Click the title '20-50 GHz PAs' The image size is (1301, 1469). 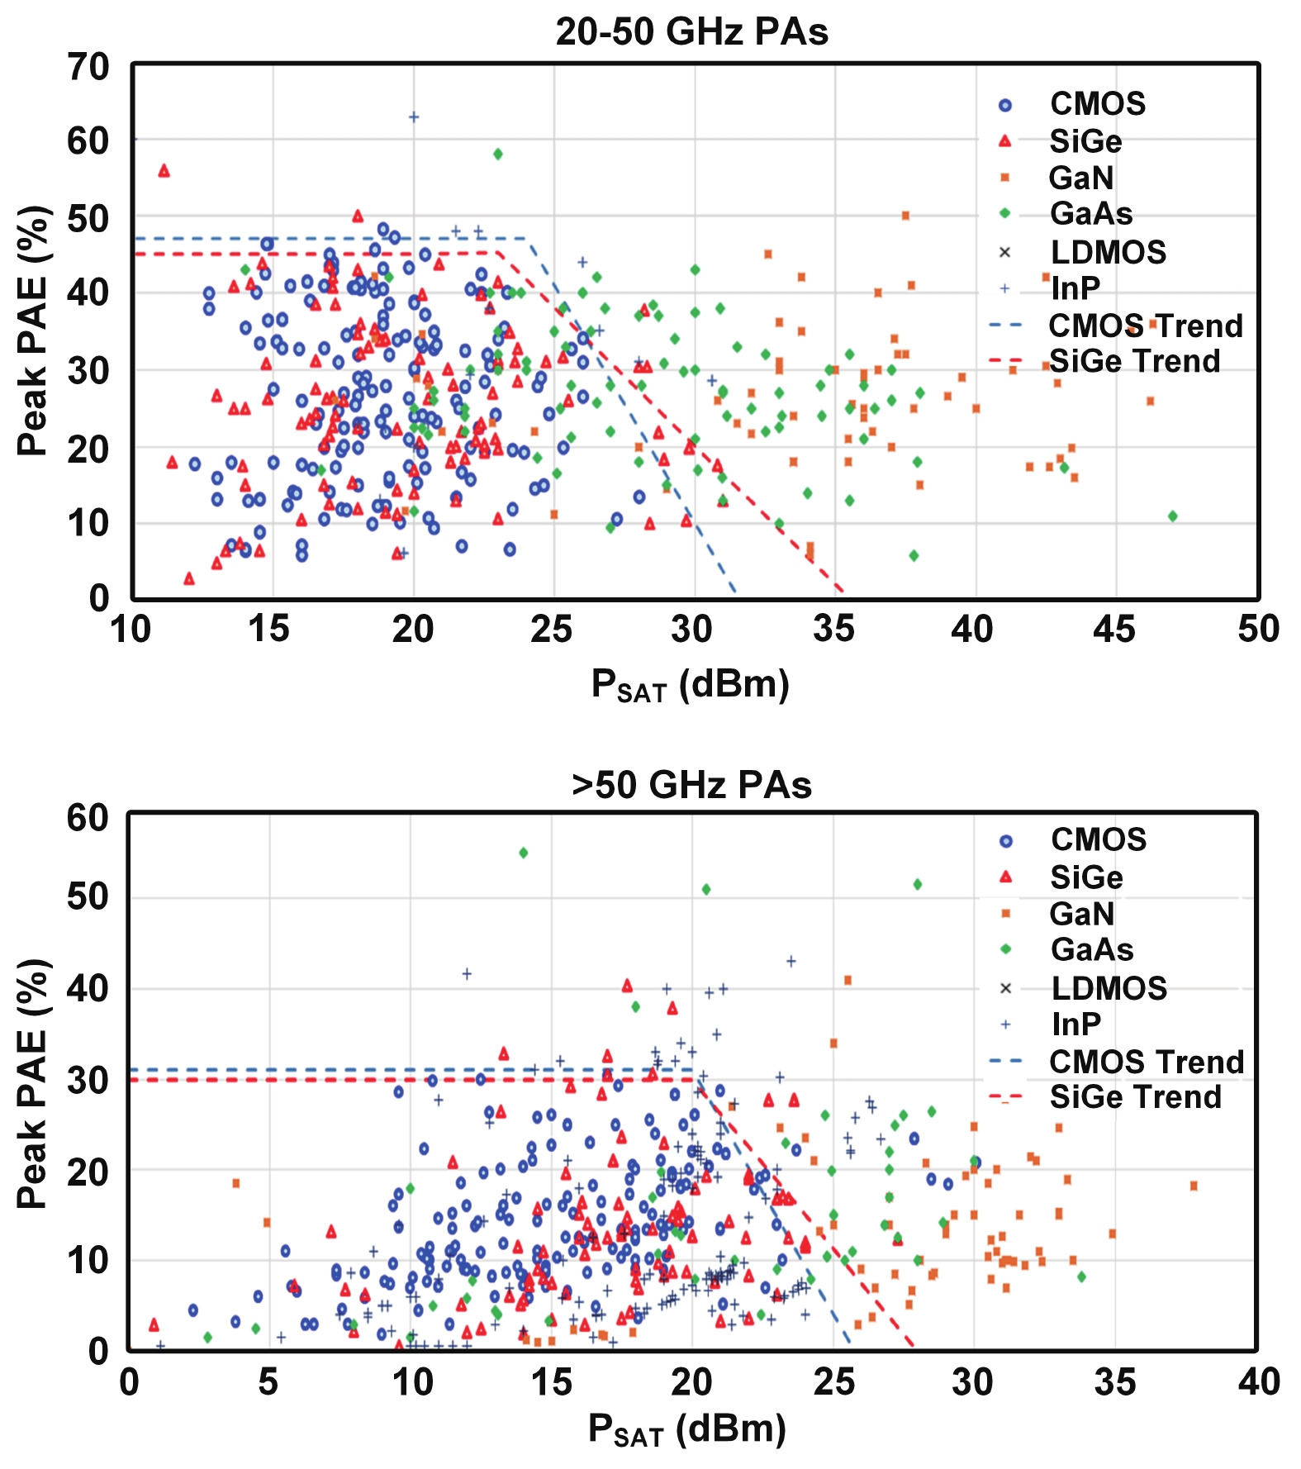691,32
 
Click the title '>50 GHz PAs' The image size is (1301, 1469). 691,785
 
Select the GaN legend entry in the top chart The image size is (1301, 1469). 1080,178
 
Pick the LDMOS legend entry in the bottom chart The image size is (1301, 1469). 1109,988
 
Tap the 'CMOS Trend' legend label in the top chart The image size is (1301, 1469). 1145,326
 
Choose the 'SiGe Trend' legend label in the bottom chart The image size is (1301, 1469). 1135,1096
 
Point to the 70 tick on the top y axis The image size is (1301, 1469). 88,67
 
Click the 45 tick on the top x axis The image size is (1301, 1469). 1114,630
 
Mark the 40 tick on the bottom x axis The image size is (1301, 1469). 1258,1381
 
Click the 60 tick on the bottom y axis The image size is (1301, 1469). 88,818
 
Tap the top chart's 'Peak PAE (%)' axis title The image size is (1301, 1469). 34,330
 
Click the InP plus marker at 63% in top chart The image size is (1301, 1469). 414,116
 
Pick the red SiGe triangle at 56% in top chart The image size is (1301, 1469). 164,171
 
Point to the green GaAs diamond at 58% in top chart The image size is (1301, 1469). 497,154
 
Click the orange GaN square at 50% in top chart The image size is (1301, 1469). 905,216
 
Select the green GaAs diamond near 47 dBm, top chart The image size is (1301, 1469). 1172,516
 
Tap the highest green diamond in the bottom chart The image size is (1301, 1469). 523,853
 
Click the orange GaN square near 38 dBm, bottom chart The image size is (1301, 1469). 1193,1186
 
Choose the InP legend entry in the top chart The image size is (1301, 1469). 1075,288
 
